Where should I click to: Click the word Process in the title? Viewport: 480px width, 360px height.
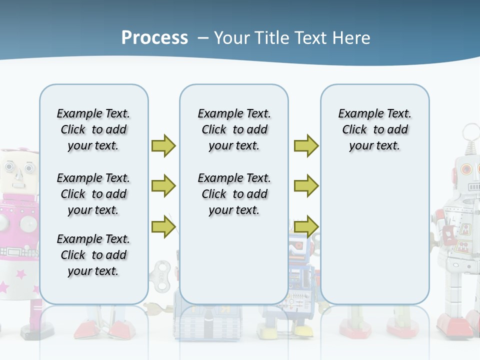pos(154,38)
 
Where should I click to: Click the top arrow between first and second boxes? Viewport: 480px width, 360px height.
pos(163,145)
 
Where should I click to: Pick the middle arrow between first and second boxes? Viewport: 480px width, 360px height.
pos(163,186)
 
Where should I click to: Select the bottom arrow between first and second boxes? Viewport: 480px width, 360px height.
pos(163,227)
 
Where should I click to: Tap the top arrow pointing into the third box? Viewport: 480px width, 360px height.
pos(306,145)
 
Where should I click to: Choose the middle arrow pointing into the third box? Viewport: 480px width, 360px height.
pos(306,186)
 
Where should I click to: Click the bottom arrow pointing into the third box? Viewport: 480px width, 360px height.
pos(306,227)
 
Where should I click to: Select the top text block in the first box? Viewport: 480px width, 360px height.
pos(93,129)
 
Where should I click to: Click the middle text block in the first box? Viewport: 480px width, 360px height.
pos(93,194)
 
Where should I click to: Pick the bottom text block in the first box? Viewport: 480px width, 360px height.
pos(93,255)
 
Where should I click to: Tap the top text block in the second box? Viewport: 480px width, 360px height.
pos(234,129)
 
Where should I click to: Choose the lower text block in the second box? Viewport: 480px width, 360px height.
pos(234,194)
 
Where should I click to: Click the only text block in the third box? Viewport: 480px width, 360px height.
pos(374,129)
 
